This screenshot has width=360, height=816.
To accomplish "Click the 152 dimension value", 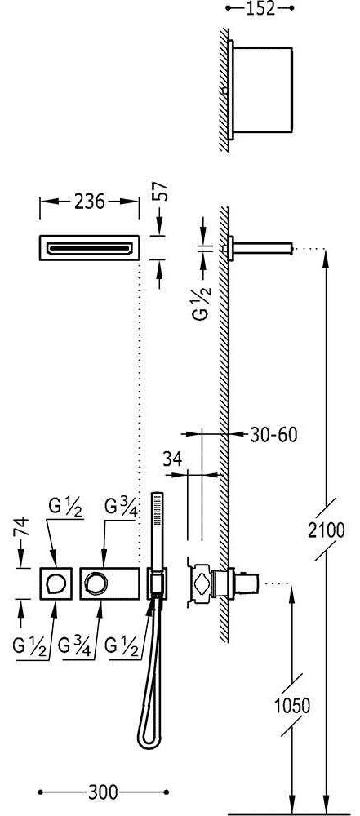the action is (x=260, y=8).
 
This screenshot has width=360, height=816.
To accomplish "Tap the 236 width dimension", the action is (x=90, y=202).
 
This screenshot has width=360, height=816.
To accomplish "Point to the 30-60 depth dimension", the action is (x=273, y=434).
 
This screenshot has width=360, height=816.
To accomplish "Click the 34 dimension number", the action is (x=172, y=459).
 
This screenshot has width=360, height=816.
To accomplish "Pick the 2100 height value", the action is (x=327, y=530).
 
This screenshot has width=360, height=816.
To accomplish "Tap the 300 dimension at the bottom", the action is (x=103, y=792).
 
